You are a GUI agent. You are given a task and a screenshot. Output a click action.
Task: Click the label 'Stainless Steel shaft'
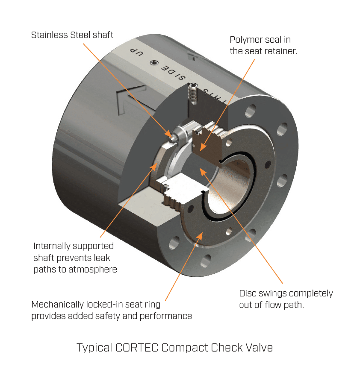(72, 35)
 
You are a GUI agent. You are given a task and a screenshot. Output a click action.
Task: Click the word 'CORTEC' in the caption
(137, 348)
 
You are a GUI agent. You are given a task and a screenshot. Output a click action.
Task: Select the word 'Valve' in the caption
(258, 348)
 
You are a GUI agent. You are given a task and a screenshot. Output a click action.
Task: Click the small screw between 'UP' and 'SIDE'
(152, 63)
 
